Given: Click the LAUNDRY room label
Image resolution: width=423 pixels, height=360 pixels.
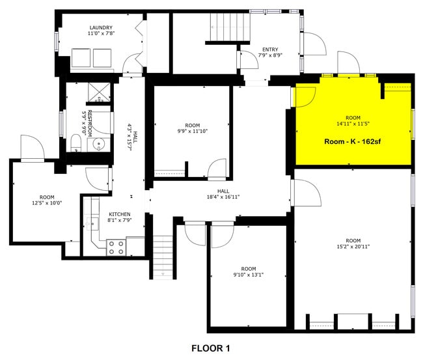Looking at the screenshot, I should (x=100, y=28).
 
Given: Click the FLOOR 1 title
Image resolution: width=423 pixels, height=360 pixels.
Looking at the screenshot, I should (x=211, y=348).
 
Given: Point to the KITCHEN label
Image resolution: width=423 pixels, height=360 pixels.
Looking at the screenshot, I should (x=119, y=214).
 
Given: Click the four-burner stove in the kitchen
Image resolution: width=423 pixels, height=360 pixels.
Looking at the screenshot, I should (x=116, y=247).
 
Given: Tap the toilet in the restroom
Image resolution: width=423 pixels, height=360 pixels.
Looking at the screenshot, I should (x=75, y=143).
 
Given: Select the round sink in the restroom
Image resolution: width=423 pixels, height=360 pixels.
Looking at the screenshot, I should (x=100, y=144).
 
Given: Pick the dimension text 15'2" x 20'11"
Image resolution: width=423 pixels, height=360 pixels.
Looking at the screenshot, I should (x=353, y=247).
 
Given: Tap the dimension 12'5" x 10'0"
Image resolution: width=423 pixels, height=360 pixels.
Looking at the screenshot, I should (x=47, y=202).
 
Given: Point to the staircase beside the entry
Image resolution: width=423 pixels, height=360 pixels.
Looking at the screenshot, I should (x=228, y=28).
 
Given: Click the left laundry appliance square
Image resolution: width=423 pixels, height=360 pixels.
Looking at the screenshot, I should (x=81, y=59).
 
